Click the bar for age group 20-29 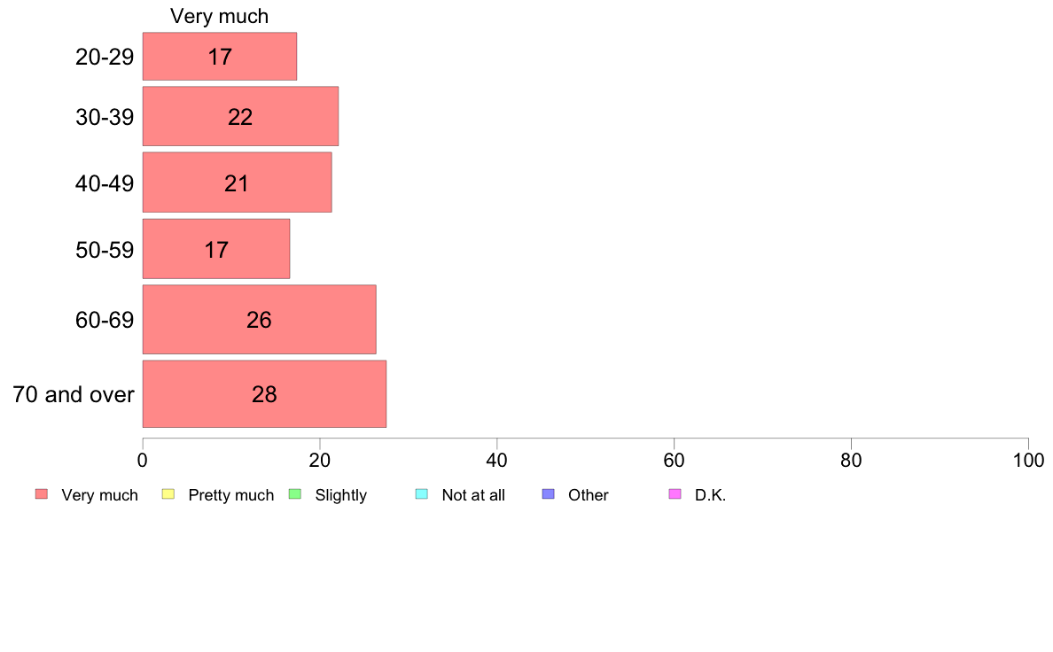pyautogui.click(x=220, y=57)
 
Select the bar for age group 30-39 pyautogui.click(x=240, y=116)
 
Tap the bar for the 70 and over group pyautogui.click(x=264, y=393)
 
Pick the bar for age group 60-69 pyautogui.click(x=259, y=319)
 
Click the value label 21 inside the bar pyautogui.click(x=237, y=183)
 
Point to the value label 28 pyautogui.click(x=264, y=394)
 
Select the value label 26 pyautogui.click(x=259, y=320)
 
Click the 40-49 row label pyautogui.click(x=105, y=183)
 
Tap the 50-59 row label pyautogui.click(x=105, y=250)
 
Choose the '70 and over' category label pyautogui.click(x=74, y=394)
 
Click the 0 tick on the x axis pyautogui.click(x=143, y=460)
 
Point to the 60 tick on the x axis pyautogui.click(x=674, y=460)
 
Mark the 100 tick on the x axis pyautogui.click(x=1028, y=460)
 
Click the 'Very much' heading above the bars pyautogui.click(x=219, y=16)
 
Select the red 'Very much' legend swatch pyautogui.click(x=42, y=494)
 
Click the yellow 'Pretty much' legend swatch pyautogui.click(x=168, y=494)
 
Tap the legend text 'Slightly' pyautogui.click(x=340, y=495)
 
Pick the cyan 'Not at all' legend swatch pyautogui.click(x=422, y=494)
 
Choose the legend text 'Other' pyautogui.click(x=589, y=495)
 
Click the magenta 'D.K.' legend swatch pyautogui.click(x=675, y=494)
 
